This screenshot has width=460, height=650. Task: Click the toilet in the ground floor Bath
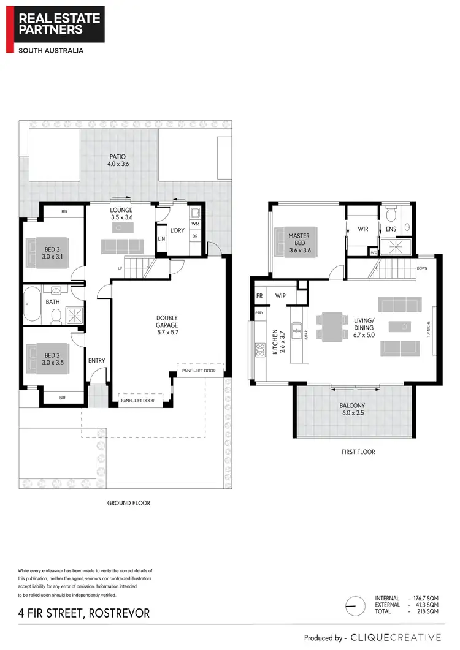(56, 315)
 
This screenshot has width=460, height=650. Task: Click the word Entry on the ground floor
(96, 361)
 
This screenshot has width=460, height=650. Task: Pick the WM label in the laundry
(195, 224)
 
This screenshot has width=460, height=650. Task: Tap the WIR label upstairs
(362, 229)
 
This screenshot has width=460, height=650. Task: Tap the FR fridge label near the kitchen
(259, 296)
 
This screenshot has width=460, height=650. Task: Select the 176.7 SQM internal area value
(425, 598)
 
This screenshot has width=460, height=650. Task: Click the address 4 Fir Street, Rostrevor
(83, 613)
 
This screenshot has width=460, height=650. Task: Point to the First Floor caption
(358, 452)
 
